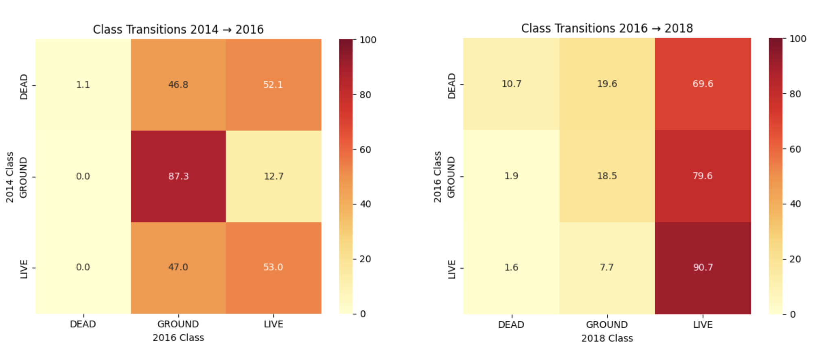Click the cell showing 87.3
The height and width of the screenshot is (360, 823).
point(178,176)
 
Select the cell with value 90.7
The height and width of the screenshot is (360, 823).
point(703,268)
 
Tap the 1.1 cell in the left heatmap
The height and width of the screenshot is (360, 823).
point(83,85)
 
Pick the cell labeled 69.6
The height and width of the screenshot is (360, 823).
point(703,84)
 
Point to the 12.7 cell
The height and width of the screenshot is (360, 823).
point(274,176)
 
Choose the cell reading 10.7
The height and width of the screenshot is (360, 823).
point(511,84)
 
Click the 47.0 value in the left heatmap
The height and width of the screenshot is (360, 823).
point(178,268)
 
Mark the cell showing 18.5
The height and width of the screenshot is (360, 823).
point(607,176)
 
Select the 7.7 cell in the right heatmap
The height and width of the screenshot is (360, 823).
point(607,268)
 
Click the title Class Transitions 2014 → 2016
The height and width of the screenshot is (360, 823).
point(178,29)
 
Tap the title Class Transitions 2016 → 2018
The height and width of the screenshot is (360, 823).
point(607,28)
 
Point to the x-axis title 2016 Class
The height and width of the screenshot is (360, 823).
point(178,338)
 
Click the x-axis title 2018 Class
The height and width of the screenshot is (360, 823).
point(607,338)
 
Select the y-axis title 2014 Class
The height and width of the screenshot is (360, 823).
point(10,177)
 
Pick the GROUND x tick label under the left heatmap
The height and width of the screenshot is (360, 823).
point(178,324)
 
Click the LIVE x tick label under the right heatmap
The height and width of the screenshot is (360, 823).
point(703,325)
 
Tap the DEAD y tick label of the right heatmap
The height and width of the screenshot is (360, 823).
point(452,86)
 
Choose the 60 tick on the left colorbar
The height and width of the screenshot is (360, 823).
point(365,149)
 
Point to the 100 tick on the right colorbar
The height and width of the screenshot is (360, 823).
point(798,39)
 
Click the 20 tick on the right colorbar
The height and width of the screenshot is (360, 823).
point(795,259)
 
